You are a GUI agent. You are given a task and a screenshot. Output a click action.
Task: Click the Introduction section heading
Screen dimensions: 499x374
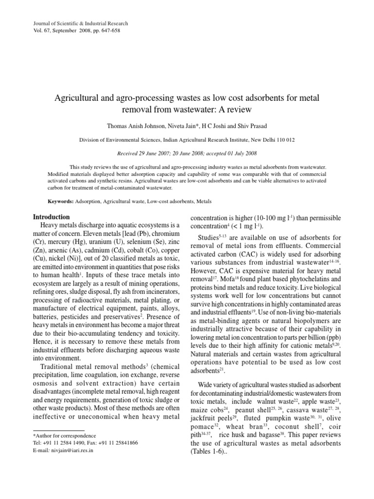click(51, 217)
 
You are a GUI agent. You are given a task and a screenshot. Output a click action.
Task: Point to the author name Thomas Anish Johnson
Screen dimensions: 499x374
click(135, 126)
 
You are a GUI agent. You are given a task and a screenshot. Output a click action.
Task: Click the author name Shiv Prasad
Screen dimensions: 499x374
click(252, 126)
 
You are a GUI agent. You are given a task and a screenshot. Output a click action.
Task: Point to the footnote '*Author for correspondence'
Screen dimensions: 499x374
click(64, 436)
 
